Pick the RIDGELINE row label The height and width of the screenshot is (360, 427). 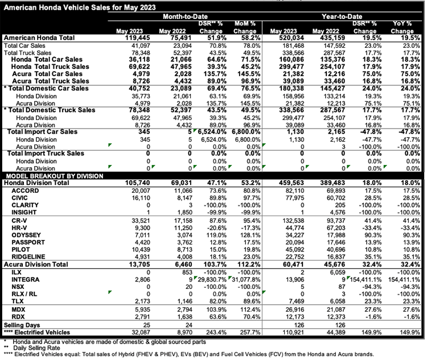click(x=32, y=256)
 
